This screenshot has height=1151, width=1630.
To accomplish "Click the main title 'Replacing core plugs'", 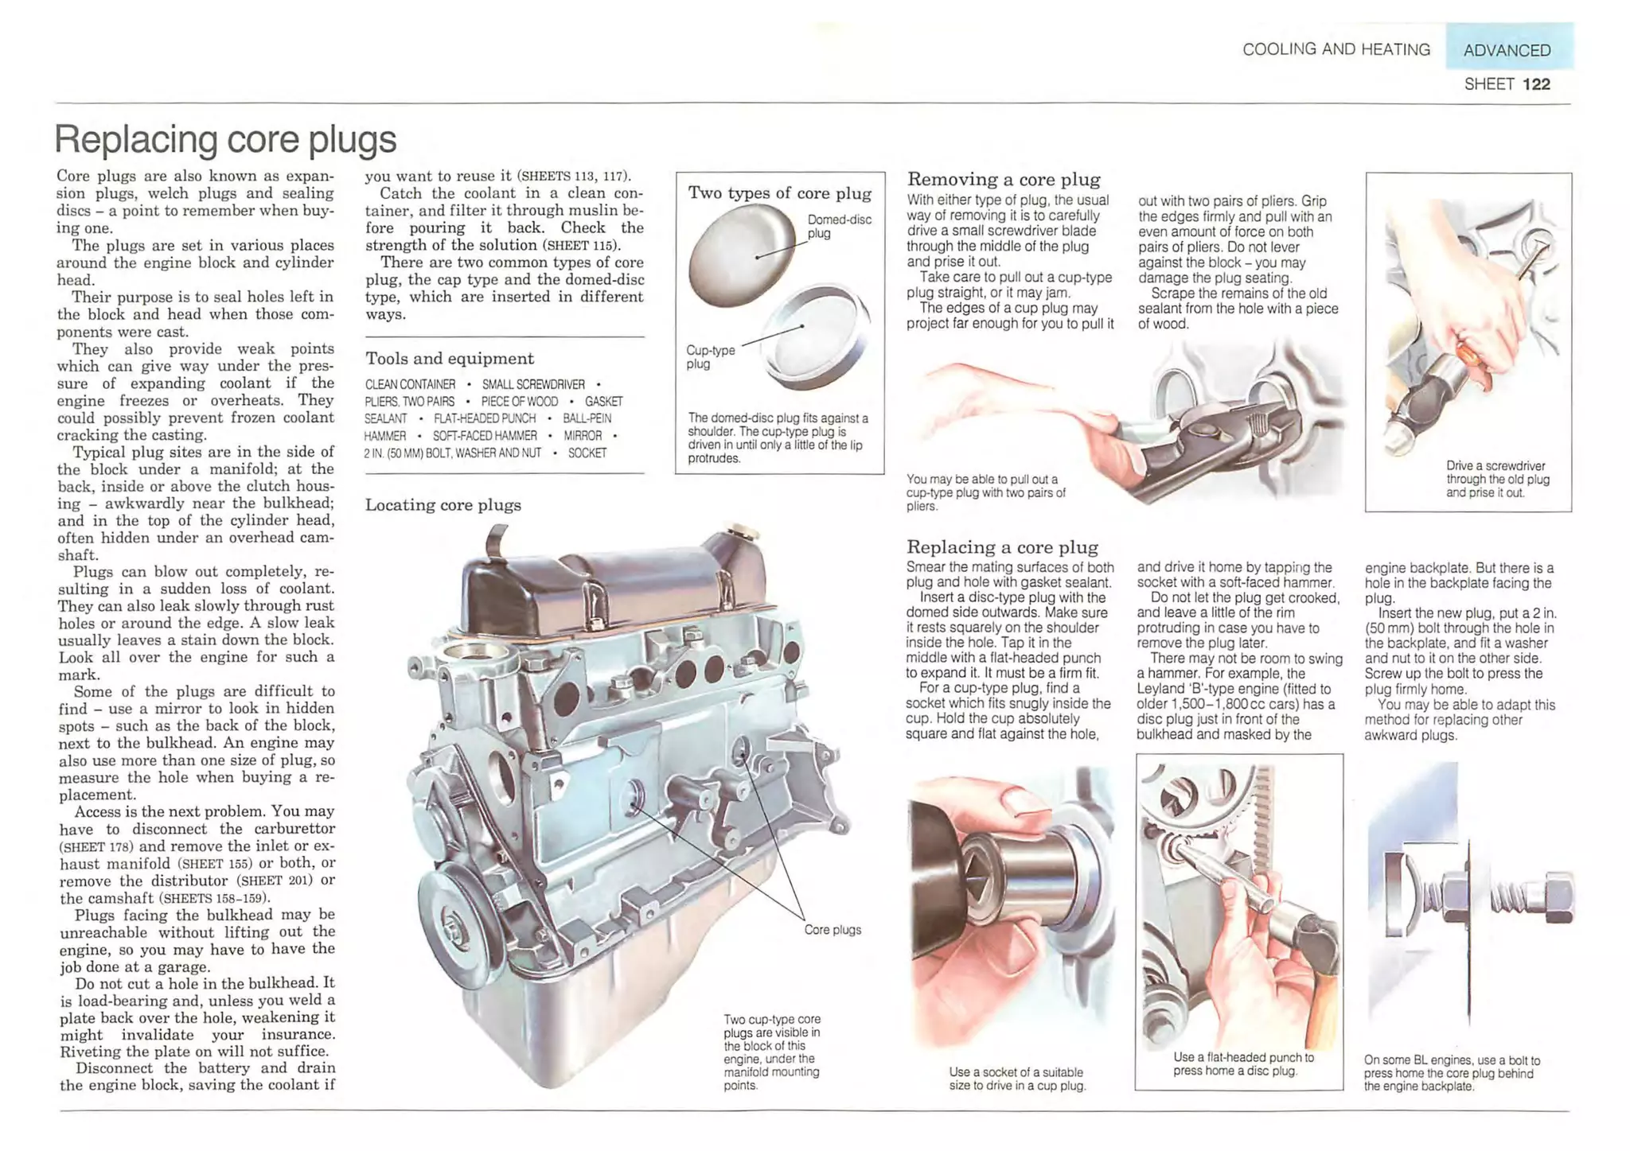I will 225,139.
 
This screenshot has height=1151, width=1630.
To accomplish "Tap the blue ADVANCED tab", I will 1507,50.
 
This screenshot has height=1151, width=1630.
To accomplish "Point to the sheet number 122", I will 1535,84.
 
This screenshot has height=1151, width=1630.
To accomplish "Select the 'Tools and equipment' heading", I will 450,359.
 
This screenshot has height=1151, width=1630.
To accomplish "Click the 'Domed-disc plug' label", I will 839,226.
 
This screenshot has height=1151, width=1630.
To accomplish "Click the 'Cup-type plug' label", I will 710,356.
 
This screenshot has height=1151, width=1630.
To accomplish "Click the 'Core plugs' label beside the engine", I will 833,930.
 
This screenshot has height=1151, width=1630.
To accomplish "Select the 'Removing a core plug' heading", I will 1003,180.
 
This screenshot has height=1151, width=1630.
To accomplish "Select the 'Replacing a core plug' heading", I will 1001,547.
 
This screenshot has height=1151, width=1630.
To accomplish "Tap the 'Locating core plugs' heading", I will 443,505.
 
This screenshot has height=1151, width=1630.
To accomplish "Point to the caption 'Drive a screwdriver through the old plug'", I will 1497,479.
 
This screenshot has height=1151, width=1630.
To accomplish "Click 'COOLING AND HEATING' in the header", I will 1336,49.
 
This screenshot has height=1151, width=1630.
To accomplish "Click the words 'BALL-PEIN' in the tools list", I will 587,418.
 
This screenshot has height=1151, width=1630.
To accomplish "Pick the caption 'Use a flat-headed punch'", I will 1242,1064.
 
